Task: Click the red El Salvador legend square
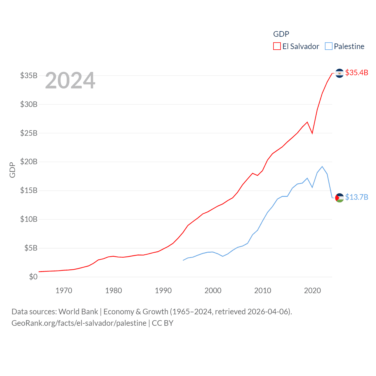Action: pos(277,46)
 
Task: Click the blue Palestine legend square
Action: pos(329,46)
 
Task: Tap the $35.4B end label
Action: pos(357,73)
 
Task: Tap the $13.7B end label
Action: pos(357,197)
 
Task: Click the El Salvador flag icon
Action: pos(339,73)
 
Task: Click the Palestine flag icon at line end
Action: pos(339,198)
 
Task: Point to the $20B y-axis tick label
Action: pos(28,162)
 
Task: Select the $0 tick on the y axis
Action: pos(33,277)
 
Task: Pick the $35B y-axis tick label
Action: pos(28,75)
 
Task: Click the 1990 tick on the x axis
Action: pos(163,291)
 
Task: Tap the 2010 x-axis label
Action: pos(263,291)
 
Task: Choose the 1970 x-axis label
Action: pos(64,291)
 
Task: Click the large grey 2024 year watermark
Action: pos(70,80)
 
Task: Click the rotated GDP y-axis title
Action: pos(12,170)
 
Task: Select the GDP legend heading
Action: pos(281,34)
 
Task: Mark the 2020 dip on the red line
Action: pos(312,133)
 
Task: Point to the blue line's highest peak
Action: pos(322,167)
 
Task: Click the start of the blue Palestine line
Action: pos(183,260)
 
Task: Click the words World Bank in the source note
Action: pos(78,312)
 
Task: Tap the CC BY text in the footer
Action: pos(162,323)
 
